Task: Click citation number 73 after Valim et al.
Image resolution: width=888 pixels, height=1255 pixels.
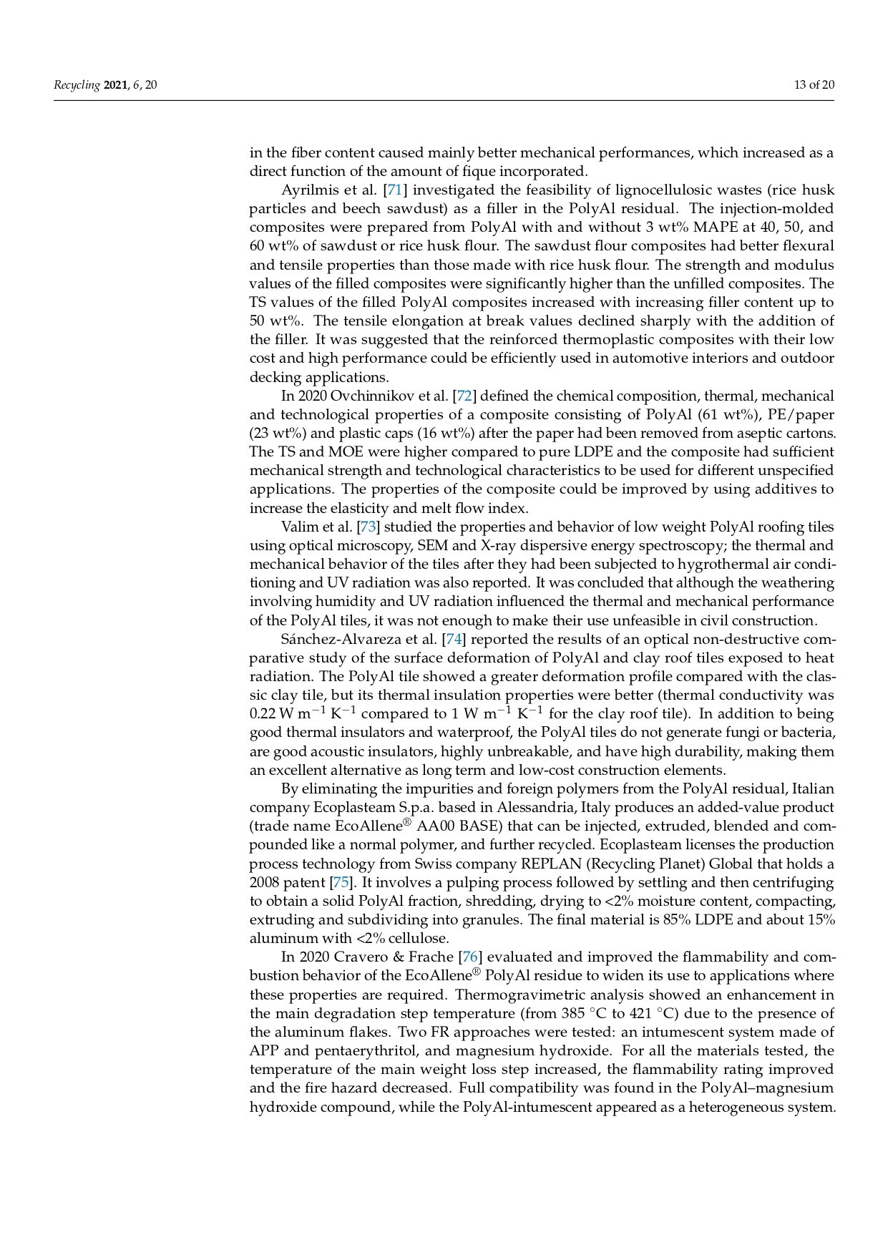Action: (x=368, y=527)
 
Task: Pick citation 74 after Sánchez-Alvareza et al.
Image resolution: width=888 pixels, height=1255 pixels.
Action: (x=454, y=639)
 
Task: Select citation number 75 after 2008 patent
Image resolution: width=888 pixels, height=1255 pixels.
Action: (x=341, y=882)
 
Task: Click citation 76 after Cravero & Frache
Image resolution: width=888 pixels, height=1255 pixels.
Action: (x=469, y=957)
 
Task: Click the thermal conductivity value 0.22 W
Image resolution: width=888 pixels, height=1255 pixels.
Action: (x=272, y=714)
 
